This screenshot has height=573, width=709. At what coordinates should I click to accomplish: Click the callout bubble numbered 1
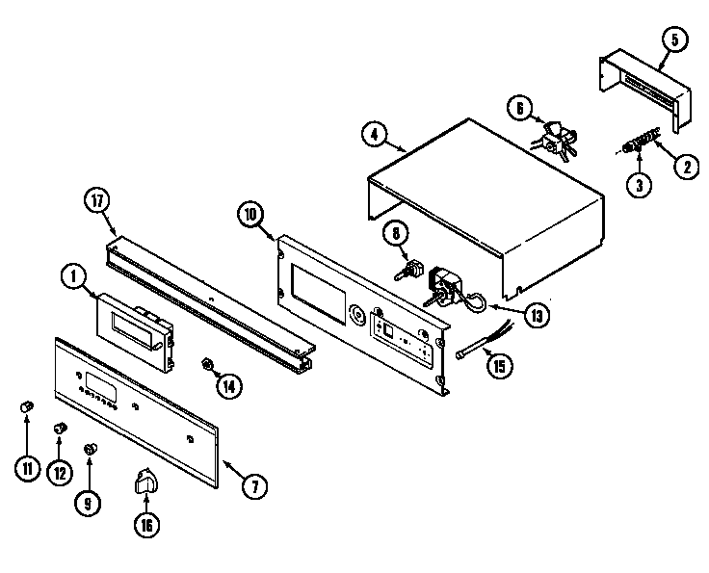[73, 276]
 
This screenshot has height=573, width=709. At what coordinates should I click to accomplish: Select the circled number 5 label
[673, 39]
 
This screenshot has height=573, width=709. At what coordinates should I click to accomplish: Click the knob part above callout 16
[147, 480]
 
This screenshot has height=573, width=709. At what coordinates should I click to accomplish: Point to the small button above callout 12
[61, 427]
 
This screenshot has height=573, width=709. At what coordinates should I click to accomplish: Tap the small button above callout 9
[91, 448]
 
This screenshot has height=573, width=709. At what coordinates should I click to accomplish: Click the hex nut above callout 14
[205, 364]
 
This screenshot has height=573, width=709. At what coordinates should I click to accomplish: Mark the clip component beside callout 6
[555, 135]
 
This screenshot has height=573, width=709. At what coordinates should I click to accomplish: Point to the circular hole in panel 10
[359, 314]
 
